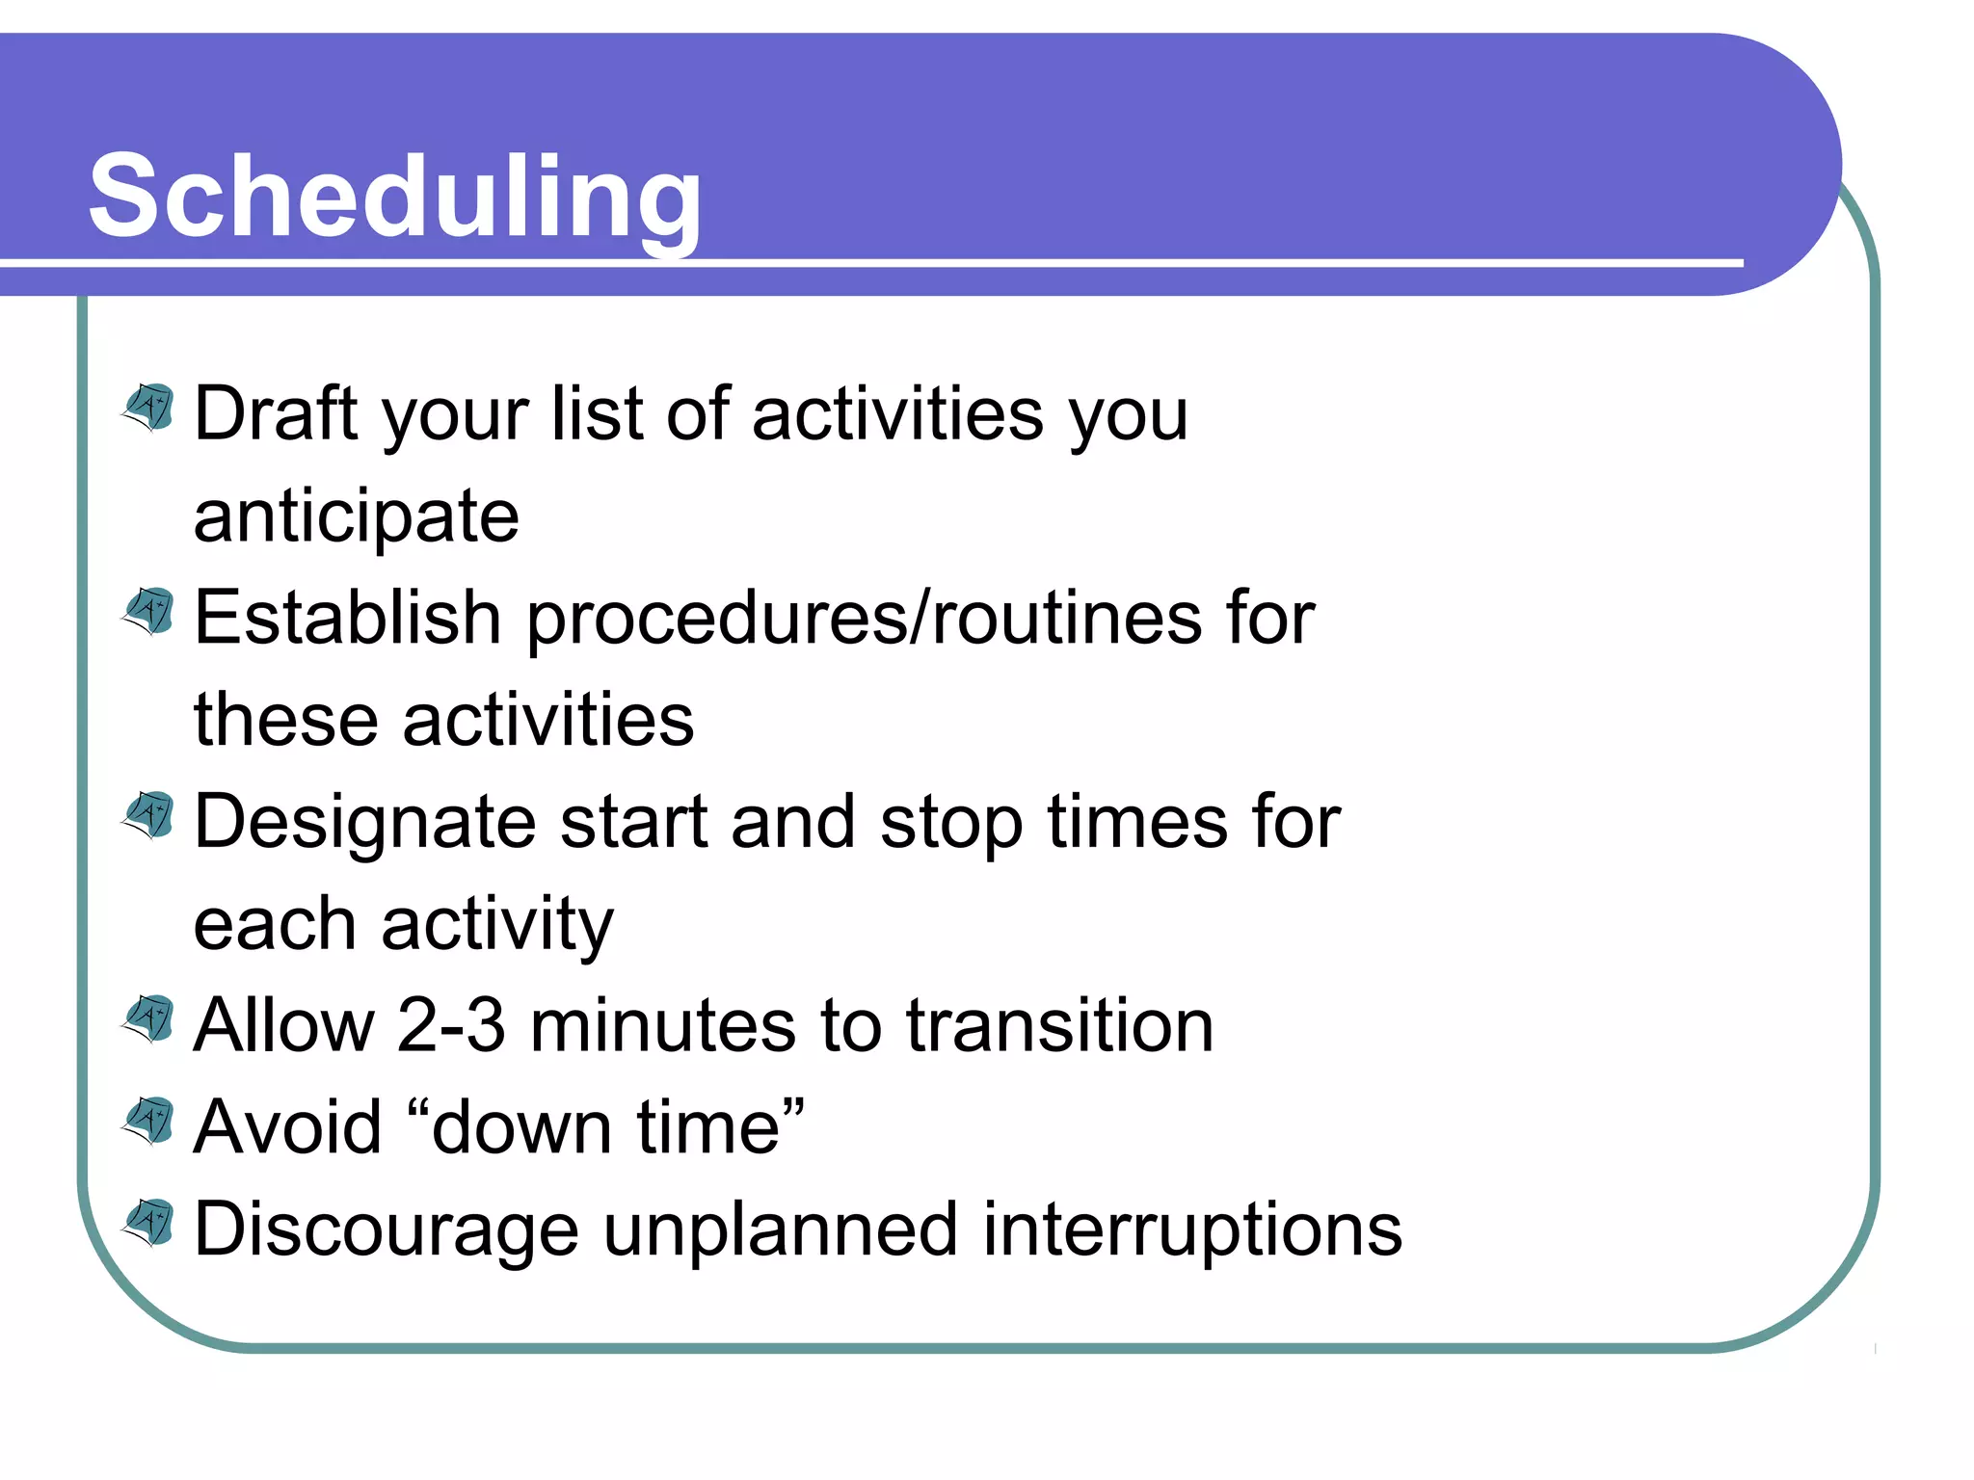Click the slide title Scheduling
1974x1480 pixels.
tap(395, 197)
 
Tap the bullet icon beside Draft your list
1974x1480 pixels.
tap(148, 408)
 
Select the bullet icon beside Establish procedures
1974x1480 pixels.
tap(148, 612)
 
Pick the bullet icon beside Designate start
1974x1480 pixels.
tap(148, 816)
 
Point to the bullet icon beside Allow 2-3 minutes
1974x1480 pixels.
tap(148, 1019)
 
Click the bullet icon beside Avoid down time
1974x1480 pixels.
tap(148, 1122)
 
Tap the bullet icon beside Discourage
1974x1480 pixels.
tap(148, 1224)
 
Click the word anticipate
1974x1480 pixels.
tap(356, 517)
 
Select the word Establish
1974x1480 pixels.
tap(347, 618)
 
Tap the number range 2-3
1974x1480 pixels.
tap(450, 1025)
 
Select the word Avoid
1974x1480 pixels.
tap(287, 1127)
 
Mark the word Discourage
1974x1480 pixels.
tap(386, 1231)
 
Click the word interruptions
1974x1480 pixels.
tap(1192, 1231)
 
